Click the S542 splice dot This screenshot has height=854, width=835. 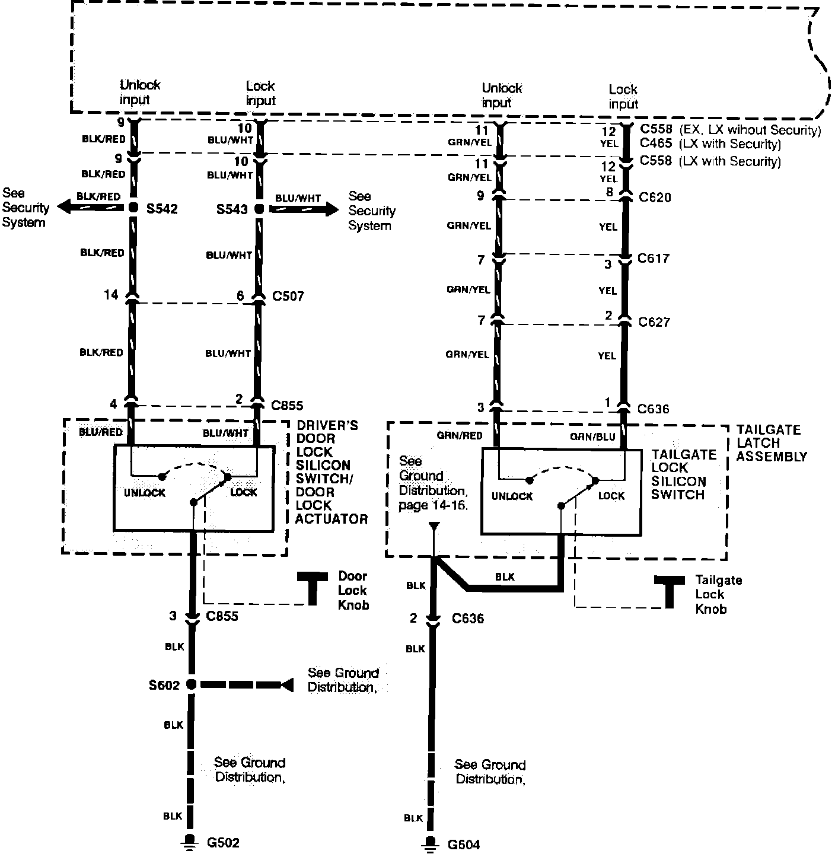(x=132, y=208)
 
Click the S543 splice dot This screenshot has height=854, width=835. (x=259, y=209)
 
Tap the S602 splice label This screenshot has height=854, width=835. (x=164, y=685)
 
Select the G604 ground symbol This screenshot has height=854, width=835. (x=432, y=844)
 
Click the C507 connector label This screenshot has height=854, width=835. (x=288, y=295)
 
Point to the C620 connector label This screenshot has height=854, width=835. (x=655, y=197)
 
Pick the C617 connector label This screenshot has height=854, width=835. (x=654, y=259)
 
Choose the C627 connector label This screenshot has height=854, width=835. (x=654, y=322)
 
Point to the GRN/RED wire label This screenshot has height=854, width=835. (x=460, y=436)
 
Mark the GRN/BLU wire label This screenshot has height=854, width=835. (x=593, y=437)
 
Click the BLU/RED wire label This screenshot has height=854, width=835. (x=101, y=432)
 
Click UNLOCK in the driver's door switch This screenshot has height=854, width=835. (x=145, y=493)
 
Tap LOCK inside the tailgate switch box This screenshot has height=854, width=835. (x=611, y=496)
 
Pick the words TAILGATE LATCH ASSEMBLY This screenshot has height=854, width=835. (x=771, y=443)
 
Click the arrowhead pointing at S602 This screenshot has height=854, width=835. (x=287, y=684)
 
